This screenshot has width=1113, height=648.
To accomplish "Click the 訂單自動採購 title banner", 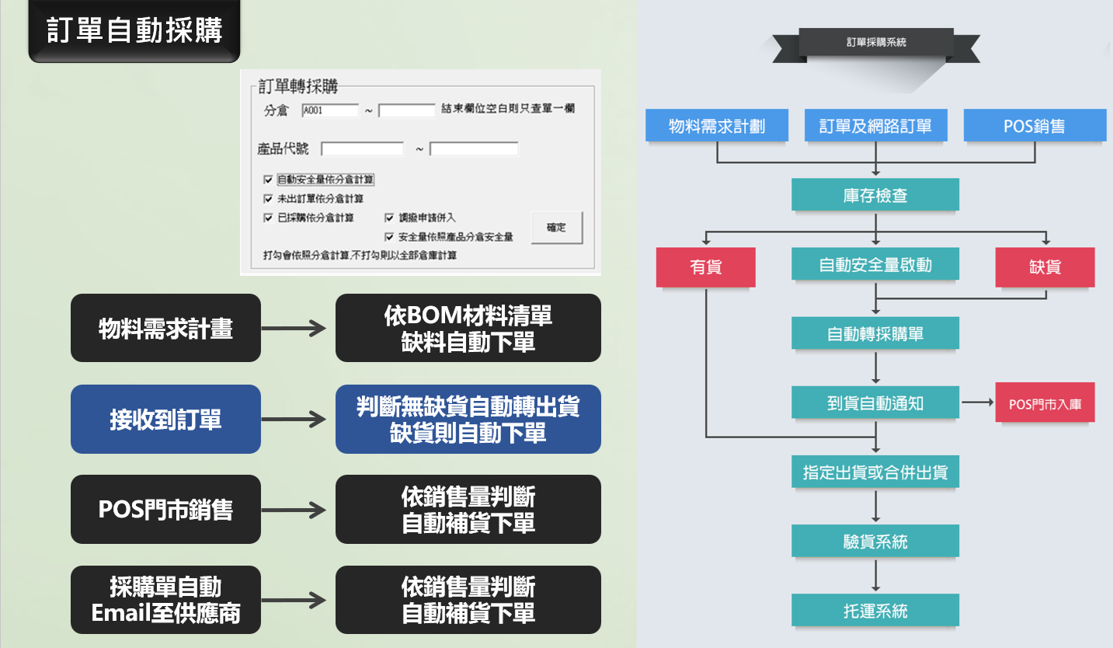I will point(134,31).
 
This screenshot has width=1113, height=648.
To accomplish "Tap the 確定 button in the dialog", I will point(556,228).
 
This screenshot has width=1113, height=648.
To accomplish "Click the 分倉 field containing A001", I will point(330,110).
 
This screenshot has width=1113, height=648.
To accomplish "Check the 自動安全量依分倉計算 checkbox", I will point(269,179).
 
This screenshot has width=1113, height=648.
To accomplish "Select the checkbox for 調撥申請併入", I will point(390,218).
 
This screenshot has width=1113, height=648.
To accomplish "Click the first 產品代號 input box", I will point(362,148).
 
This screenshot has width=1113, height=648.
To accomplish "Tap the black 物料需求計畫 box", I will point(165,328).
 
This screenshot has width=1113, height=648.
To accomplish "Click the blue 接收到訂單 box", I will point(165,420).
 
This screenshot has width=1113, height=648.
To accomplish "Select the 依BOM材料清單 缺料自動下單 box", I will point(468,328).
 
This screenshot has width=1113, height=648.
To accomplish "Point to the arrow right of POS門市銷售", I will point(294,510).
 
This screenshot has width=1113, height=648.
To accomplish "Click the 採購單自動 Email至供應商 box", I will point(165,600).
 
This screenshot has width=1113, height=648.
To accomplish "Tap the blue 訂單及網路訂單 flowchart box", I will point(875,126).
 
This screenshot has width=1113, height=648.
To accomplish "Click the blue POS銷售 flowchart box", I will point(1035,126).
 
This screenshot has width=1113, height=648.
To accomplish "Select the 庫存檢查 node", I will point(875,195).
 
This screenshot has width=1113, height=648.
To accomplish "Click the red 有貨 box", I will point(705,267).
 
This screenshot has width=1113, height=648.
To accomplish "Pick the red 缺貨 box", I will point(1045,267).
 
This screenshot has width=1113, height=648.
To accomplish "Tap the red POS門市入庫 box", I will point(1045,403).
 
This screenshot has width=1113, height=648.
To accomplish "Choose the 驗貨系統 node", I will point(875,542).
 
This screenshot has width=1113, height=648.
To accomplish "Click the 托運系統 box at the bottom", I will point(875,611).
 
